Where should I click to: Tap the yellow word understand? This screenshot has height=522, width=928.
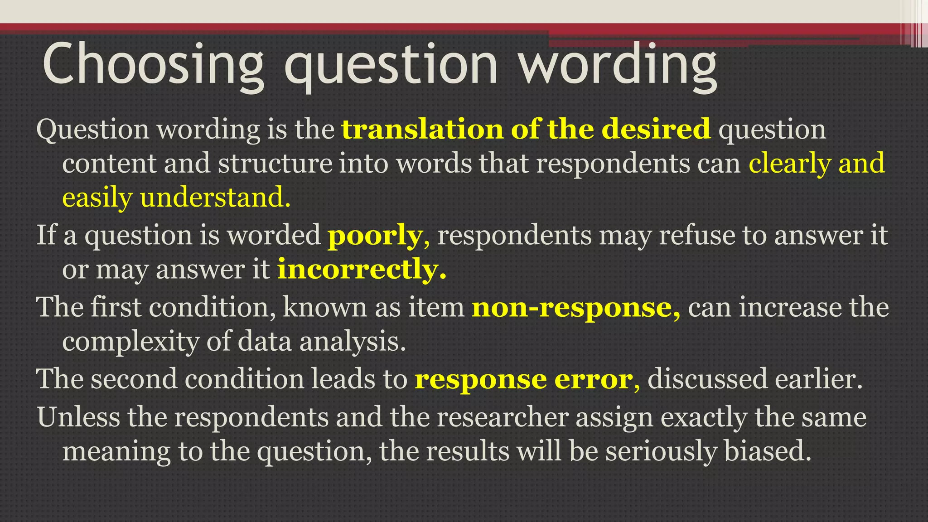pos(215,198)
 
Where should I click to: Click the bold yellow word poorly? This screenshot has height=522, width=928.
pos(375,236)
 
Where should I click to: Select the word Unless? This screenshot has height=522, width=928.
pos(78,417)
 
